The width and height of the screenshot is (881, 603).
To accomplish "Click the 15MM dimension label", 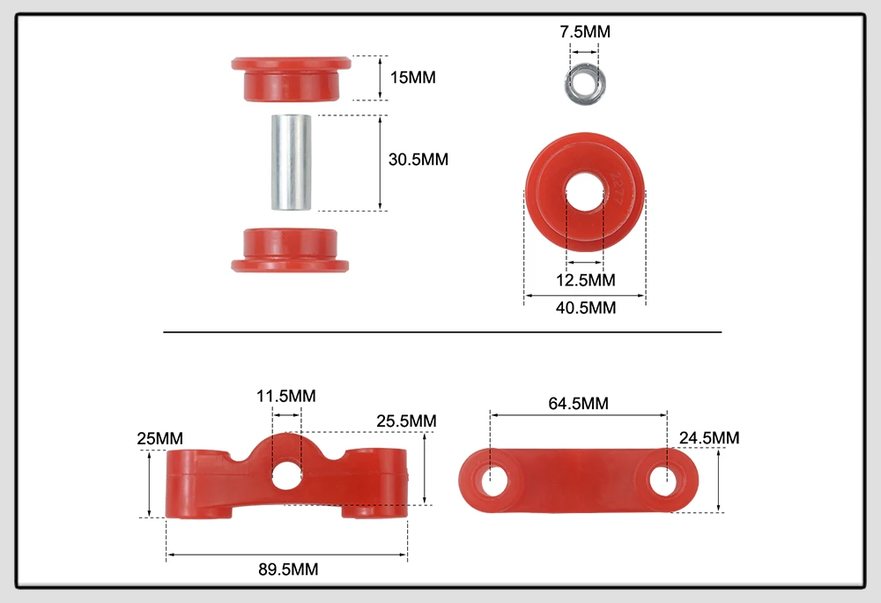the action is (413, 77).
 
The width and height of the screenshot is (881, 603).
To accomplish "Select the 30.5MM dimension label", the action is (418, 159).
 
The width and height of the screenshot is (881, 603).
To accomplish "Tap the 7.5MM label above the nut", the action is (585, 32).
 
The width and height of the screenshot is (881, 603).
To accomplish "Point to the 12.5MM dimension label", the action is (586, 279).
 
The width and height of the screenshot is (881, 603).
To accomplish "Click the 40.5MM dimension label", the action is (586, 308).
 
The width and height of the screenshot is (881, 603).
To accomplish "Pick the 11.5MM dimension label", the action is (286, 396).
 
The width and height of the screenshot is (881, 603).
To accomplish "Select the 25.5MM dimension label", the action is (406, 421).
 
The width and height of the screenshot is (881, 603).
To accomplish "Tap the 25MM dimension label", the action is (160, 438).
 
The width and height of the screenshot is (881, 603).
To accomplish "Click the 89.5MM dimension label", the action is (288, 569).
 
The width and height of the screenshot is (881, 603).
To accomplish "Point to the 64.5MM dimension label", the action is (578, 403).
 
